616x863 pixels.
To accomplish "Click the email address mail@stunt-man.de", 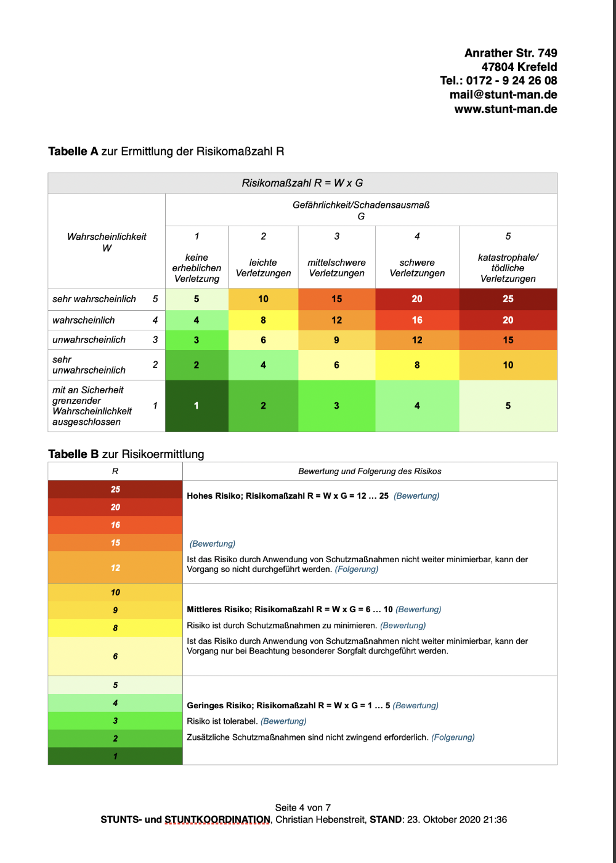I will coord(503,94).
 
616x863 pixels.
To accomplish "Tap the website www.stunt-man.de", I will coord(506,109).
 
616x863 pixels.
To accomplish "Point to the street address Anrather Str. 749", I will coord(511,53).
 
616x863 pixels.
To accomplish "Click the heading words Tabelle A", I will coord(73,152).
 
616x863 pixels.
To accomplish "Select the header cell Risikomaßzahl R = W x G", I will coord(302,183).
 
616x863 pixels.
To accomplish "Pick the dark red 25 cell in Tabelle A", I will coord(508,299).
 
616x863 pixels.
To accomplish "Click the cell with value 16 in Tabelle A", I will coord(417,320).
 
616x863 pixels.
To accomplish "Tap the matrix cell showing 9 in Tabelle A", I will coord(336,340).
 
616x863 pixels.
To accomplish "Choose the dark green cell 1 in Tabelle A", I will coord(197,406).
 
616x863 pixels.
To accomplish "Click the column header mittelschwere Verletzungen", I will coord(336,268).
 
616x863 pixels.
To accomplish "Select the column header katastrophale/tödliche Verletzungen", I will coord(508,268).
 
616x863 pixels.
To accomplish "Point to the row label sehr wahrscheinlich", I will coord(94,299).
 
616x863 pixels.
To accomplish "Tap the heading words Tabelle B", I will coord(73,454).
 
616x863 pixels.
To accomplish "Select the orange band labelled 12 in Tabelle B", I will coord(115,567).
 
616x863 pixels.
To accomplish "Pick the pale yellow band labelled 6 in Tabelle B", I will coord(115,656).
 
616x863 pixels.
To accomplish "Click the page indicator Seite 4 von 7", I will coord(302,808).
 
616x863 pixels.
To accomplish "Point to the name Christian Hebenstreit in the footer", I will coord(320,820).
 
